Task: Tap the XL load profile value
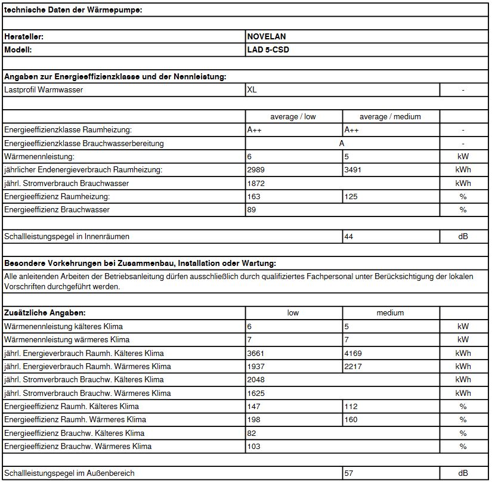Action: (252, 90)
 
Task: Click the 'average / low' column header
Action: (293, 117)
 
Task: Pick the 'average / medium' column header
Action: (390, 117)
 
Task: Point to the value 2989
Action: (256, 170)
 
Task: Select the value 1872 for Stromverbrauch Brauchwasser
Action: (256, 183)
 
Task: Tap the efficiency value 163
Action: (253, 196)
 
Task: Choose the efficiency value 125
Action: (351, 196)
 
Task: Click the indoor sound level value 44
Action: (349, 236)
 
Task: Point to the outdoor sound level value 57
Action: (349, 473)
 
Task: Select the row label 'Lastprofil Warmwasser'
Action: (44, 90)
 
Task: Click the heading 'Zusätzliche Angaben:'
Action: (45, 312)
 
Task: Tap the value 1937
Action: (256, 366)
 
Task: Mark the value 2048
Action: (256, 379)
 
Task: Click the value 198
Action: (253, 420)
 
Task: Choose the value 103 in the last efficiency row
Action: (253, 446)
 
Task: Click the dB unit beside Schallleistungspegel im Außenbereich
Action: (463, 473)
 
